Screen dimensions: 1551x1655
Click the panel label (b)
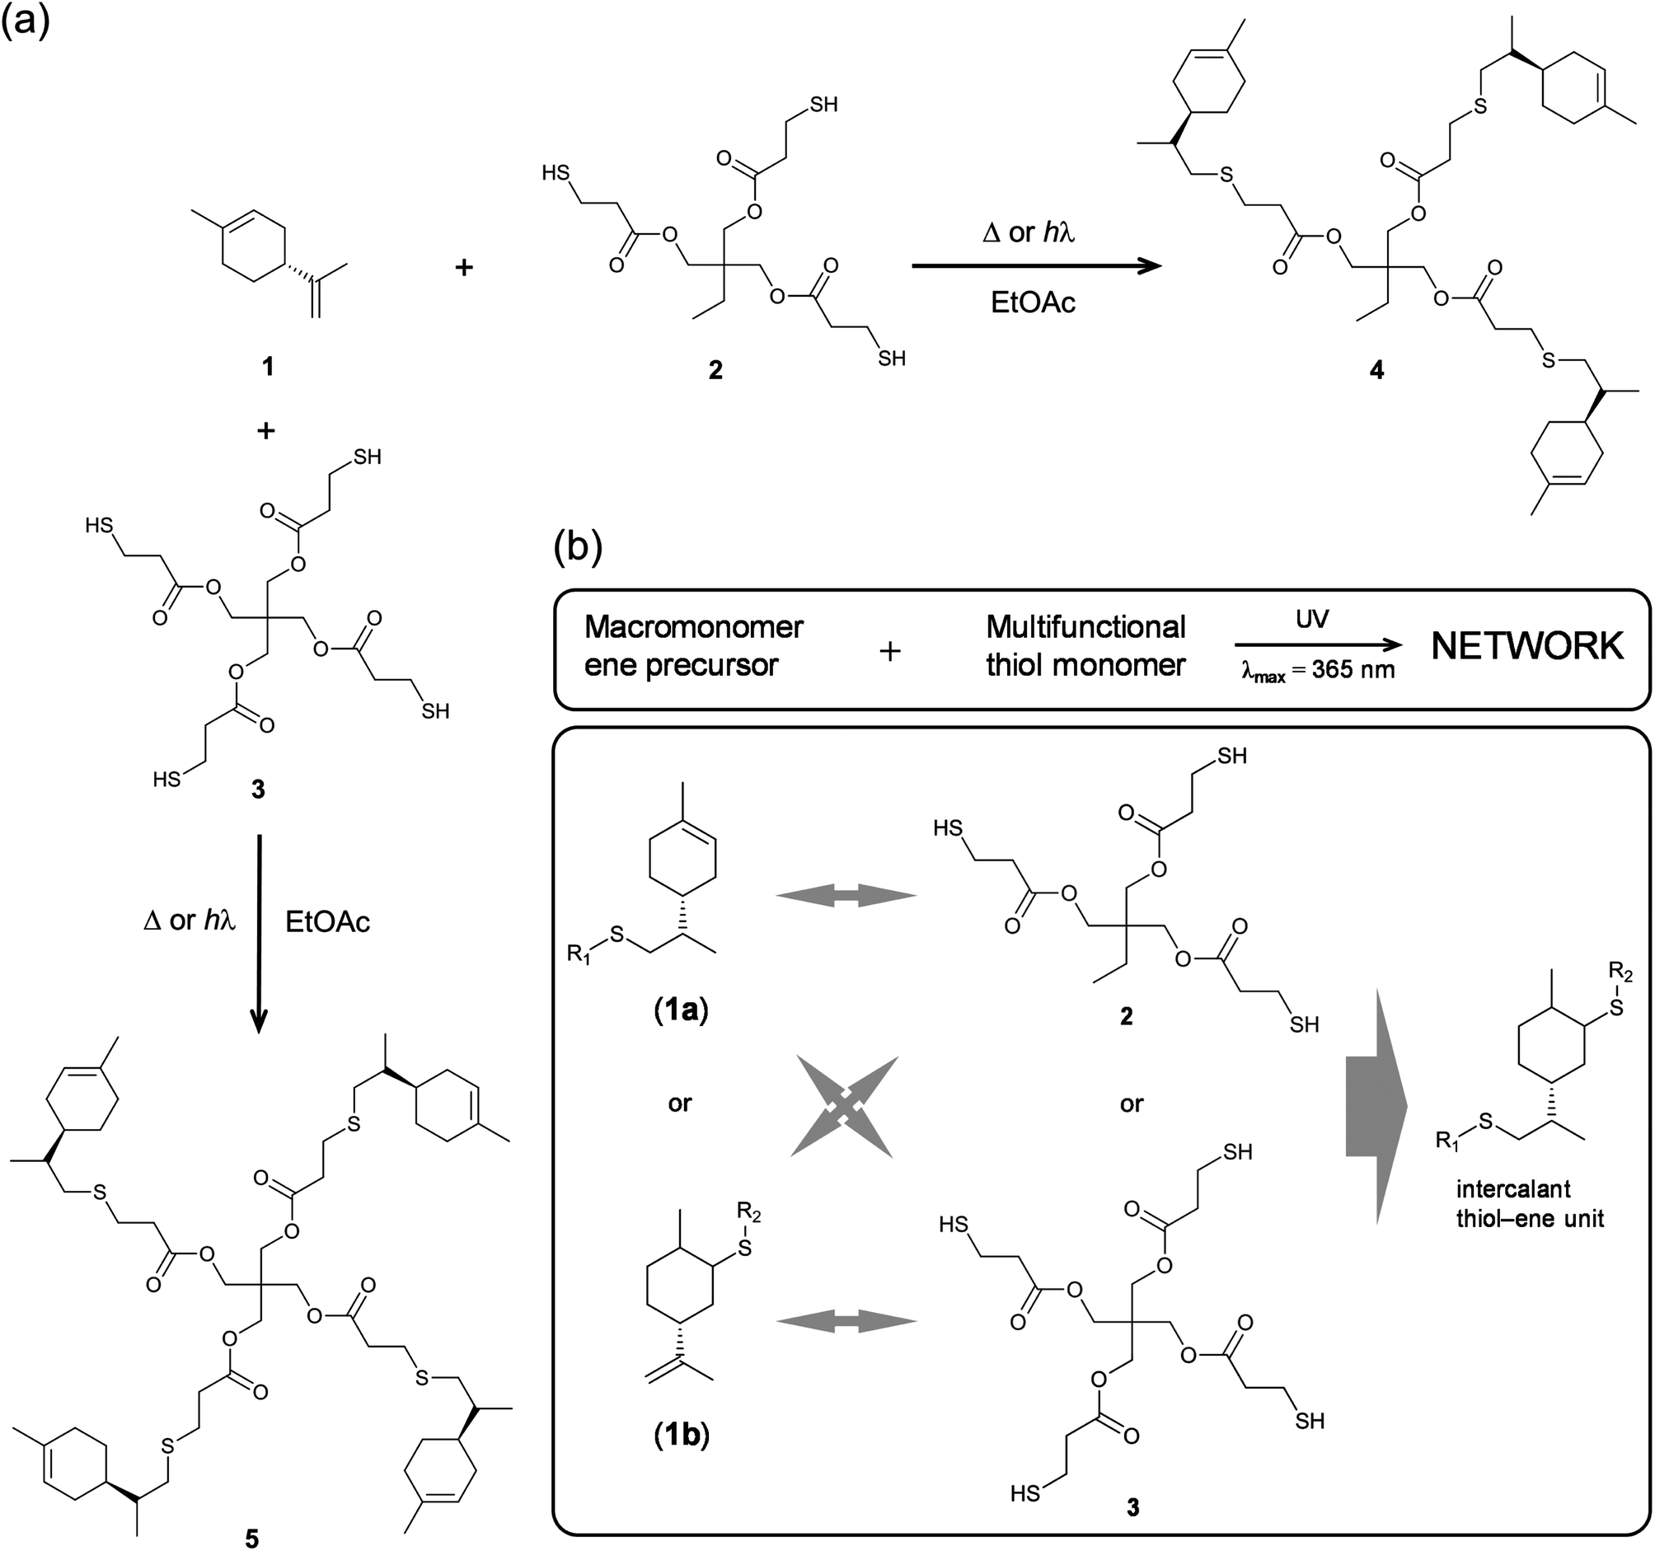click(578, 551)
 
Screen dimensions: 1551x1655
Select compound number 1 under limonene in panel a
click(267, 367)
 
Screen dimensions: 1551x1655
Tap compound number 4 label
click(1377, 371)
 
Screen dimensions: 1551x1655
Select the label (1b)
click(680, 1436)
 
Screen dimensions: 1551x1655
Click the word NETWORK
click(1527, 646)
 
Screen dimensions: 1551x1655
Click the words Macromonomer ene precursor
click(692, 647)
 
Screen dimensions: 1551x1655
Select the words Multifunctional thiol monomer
click(1085, 647)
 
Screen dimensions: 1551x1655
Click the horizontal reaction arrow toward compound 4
click(1036, 265)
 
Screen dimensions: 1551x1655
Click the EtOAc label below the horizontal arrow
click(1032, 302)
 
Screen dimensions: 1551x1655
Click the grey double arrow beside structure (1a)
click(846, 896)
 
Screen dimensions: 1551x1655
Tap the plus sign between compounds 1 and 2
click(464, 267)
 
